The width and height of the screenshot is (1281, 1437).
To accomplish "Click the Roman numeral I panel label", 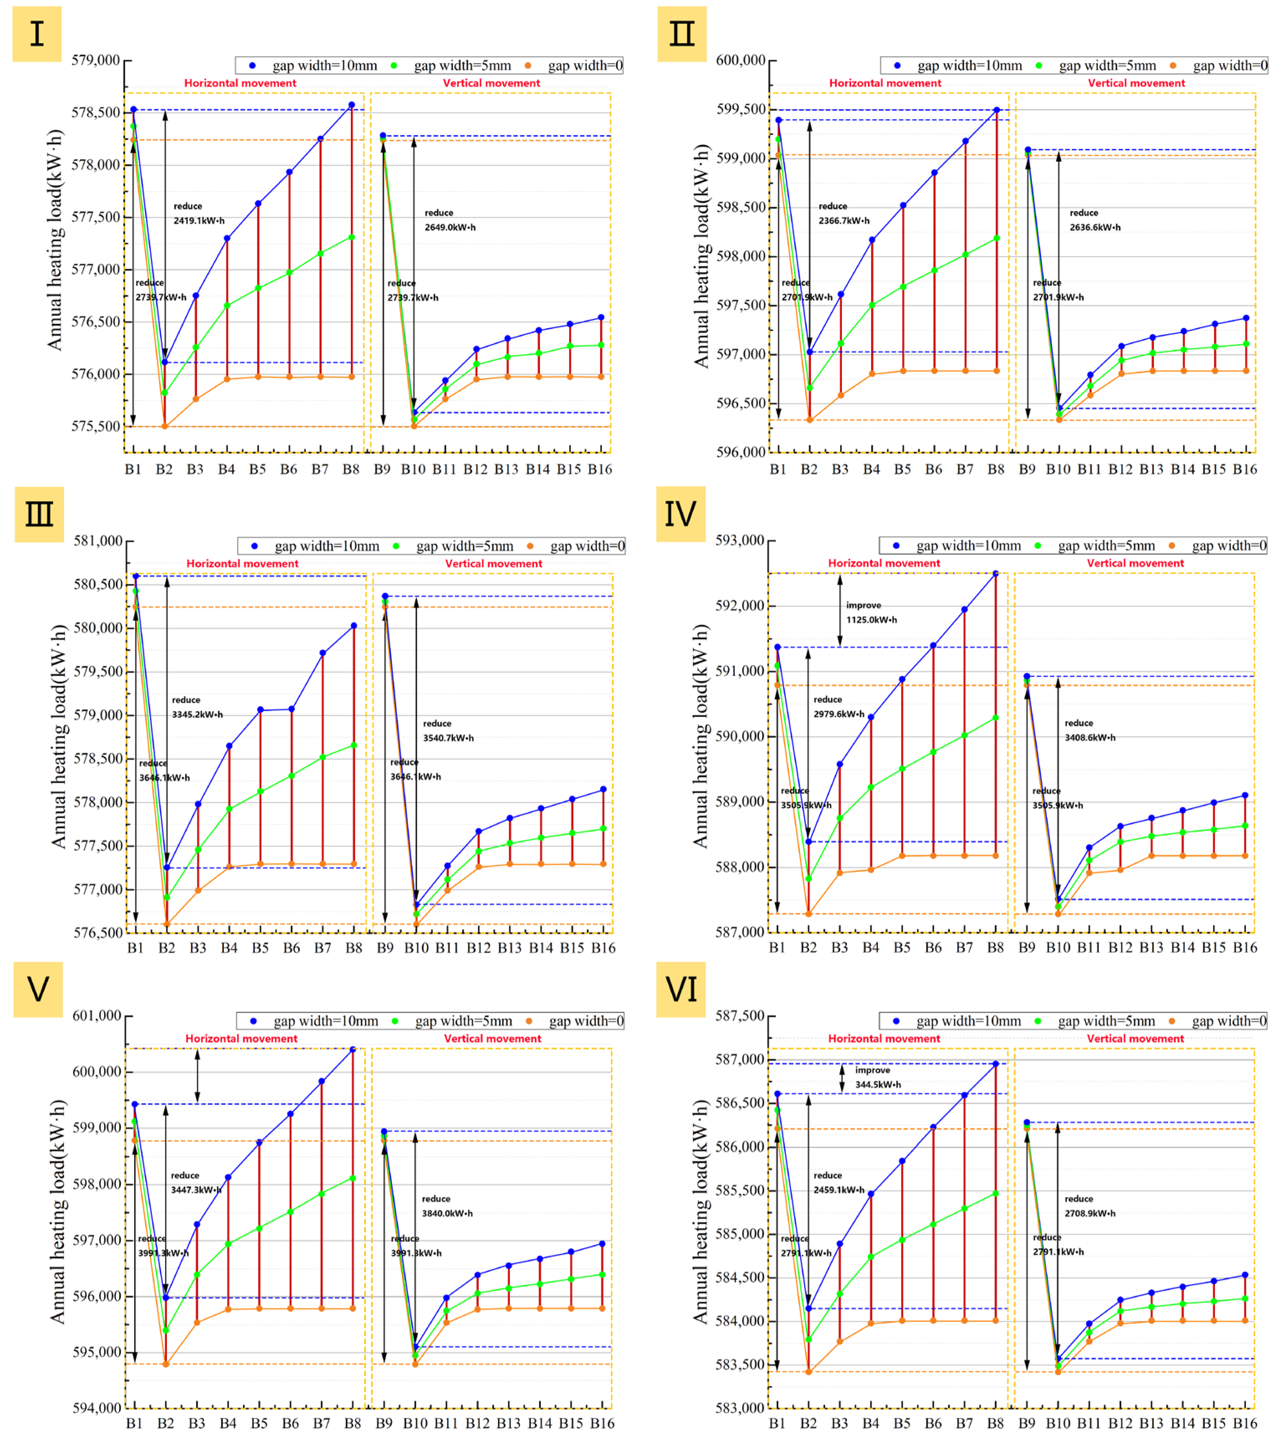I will click(37, 34).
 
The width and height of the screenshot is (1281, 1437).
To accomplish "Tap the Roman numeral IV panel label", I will click(680, 514).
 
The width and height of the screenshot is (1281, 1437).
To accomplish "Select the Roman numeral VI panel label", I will click(680, 990).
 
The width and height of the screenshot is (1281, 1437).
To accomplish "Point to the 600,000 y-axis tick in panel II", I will click(740, 61).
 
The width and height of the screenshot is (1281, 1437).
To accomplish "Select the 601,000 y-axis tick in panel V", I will click(97, 1016).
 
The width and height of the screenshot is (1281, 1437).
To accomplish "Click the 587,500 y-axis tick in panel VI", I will click(740, 1016).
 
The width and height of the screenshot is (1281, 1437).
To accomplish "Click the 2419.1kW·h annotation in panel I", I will click(199, 220).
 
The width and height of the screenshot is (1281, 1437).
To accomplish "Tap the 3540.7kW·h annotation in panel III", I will click(448, 738).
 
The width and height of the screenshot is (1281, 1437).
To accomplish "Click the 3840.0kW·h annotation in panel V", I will click(447, 1213).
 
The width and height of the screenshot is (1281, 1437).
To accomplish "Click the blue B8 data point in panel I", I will click(352, 105).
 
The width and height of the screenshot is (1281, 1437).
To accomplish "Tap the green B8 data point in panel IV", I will click(996, 718).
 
